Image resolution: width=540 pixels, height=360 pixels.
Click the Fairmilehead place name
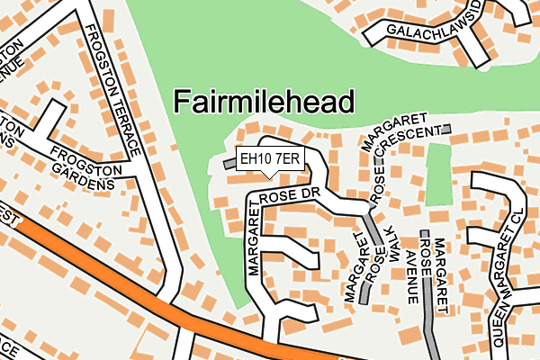(x=264, y=101)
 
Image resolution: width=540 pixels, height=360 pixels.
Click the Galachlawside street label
(x=436, y=31)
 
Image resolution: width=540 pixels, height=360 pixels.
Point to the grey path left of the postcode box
(x=229, y=163)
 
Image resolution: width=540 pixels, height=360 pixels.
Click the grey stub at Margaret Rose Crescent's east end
(x=445, y=130)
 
